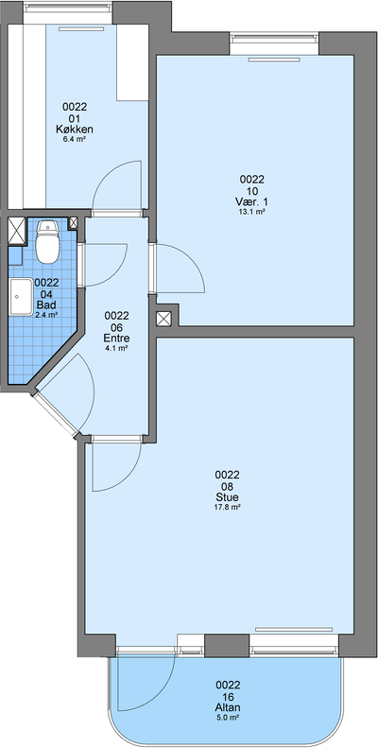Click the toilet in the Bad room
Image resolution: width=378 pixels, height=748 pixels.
[x=47, y=241]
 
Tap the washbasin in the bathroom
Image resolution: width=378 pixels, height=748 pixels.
[x=21, y=297]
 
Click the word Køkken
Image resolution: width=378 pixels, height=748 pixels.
[x=75, y=130]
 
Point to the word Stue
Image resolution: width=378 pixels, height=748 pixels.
[x=227, y=498]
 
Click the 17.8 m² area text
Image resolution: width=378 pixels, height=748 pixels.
[x=227, y=508]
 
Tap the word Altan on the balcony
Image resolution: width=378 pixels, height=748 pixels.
[x=228, y=708]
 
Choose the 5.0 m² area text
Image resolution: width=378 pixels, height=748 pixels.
[x=228, y=718]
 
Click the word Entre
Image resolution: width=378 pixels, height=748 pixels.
[x=117, y=339]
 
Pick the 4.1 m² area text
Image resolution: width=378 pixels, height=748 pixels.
[x=117, y=348]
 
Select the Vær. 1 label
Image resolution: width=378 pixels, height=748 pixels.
[x=251, y=202]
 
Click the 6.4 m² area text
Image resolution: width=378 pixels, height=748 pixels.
[x=75, y=139]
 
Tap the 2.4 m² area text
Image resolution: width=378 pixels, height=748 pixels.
[x=46, y=315]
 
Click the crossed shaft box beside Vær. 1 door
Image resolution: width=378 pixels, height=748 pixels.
[x=163, y=319]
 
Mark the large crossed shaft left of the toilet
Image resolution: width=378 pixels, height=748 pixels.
[x=17, y=232]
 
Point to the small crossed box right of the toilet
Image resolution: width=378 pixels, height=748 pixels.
[x=74, y=222]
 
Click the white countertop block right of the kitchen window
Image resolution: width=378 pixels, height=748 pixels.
[x=132, y=62]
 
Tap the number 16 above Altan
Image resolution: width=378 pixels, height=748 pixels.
[x=228, y=698]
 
